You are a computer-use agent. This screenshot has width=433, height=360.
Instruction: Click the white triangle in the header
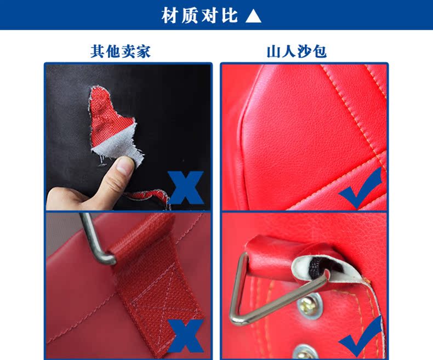tap(253, 16)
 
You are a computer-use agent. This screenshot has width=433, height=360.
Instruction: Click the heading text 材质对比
tap(200, 16)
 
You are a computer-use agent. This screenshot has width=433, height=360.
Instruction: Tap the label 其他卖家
tap(121, 52)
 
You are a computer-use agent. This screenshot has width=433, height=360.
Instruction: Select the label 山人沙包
tap(297, 52)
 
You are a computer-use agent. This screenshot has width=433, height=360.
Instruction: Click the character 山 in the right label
tap(274, 52)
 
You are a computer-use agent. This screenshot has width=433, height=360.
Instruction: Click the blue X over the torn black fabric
tap(186, 187)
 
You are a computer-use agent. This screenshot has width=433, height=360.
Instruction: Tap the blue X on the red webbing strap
tap(186, 336)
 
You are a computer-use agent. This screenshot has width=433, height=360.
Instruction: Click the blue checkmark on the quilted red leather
tap(361, 188)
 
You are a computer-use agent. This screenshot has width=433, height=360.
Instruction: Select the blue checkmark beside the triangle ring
tap(361, 336)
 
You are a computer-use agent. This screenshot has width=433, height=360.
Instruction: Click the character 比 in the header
tap(229, 16)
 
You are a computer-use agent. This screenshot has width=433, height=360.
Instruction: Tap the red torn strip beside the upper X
tap(148, 197)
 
